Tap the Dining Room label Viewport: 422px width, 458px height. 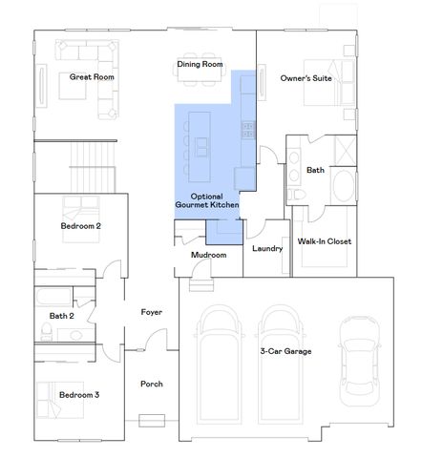coord(200,65)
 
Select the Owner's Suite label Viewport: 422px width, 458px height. coord(306,78)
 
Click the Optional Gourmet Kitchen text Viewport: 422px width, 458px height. coord(205,199)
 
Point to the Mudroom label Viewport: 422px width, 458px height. coord(207,256)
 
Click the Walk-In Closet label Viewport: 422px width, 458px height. coord(325,241)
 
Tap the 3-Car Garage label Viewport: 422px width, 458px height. coord(285,351)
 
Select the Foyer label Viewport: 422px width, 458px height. coord(151,312)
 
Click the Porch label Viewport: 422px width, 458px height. coord(151,384)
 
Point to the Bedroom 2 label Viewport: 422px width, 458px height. coord(81,226)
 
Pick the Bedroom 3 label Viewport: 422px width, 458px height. coord(79,394)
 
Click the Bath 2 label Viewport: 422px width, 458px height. coord(61,316)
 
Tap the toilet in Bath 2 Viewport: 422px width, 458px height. coord(45,331)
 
